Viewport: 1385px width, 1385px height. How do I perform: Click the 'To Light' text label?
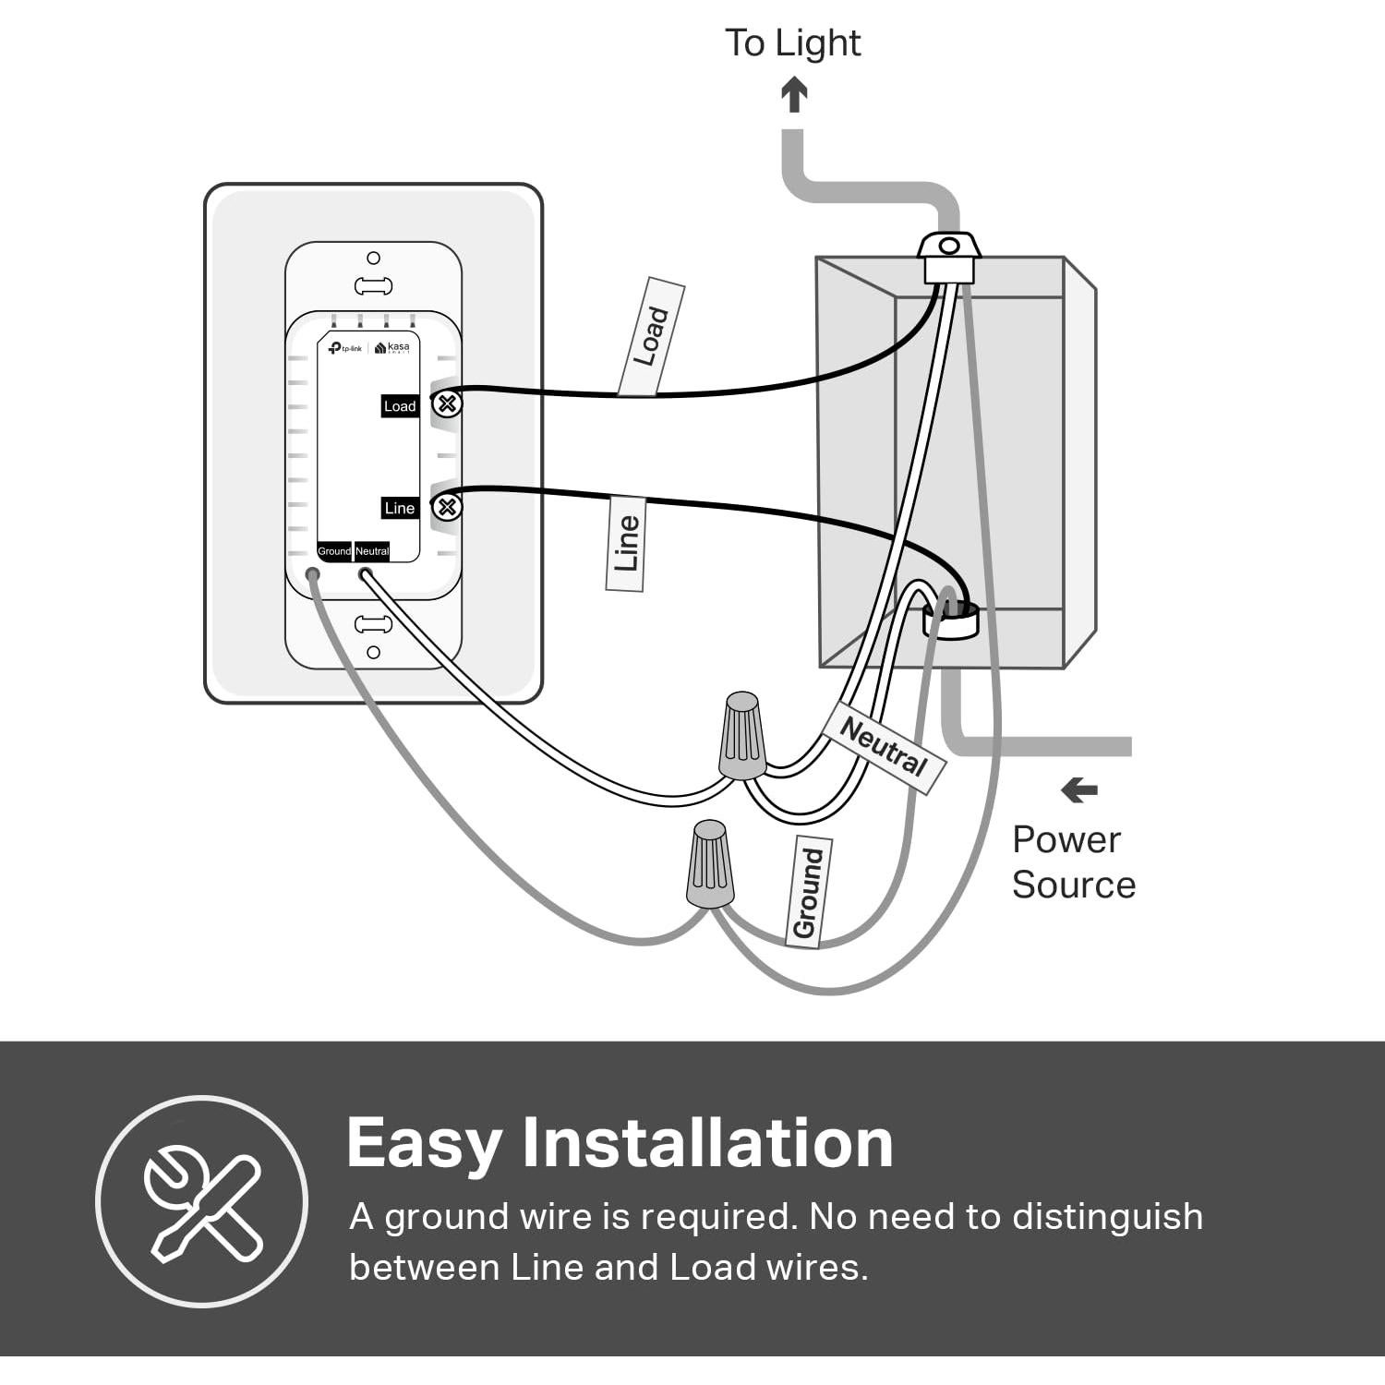click(792, 43)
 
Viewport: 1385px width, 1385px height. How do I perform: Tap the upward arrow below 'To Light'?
click(794, 94)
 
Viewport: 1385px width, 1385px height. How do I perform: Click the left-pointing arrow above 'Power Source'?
click(1078, 790)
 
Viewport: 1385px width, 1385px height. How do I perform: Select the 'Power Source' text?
click(1073, 861)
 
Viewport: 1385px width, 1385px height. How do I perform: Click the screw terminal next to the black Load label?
click(448, 403)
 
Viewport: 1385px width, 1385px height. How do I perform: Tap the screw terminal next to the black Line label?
click(448, 507)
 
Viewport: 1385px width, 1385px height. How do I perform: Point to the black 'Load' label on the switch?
click(400, 406)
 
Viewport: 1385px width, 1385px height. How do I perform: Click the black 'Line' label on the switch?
click(400, 508)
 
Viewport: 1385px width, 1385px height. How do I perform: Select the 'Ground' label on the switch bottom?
click(334, 551)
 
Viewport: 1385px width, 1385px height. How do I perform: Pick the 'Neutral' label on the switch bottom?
click(372, 551)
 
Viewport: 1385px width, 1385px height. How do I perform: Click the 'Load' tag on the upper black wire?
click(651, 336)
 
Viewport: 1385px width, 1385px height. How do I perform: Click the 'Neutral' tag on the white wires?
click(883, 747)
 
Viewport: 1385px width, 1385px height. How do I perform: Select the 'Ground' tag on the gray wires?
click(808, 892)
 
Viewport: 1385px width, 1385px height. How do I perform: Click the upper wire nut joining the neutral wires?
click(742, 735)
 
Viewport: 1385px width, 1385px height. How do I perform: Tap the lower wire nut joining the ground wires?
click(710, 863)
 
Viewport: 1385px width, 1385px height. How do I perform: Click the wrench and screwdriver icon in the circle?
click(201, 1201)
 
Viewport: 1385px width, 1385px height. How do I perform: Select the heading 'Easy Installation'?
click(620, 1143)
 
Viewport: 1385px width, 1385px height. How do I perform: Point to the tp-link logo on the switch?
click(346, 348)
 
